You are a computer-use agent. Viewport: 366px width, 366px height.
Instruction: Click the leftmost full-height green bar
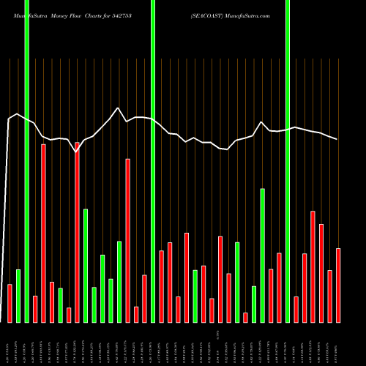26,161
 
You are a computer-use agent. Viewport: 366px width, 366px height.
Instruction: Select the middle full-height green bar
153,161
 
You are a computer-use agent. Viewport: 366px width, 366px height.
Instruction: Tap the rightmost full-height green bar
288,161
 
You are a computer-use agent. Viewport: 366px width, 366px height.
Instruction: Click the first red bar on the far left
10,303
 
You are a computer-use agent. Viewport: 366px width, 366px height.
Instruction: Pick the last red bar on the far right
338,285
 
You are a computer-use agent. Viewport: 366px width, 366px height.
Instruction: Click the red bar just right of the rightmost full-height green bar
296,309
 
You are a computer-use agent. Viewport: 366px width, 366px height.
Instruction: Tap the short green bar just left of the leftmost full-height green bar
18,296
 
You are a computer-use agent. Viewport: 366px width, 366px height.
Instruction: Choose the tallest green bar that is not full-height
262,255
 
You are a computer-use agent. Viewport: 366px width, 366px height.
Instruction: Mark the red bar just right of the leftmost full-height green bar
35,309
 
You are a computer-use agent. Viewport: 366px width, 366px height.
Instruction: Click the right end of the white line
337,139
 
